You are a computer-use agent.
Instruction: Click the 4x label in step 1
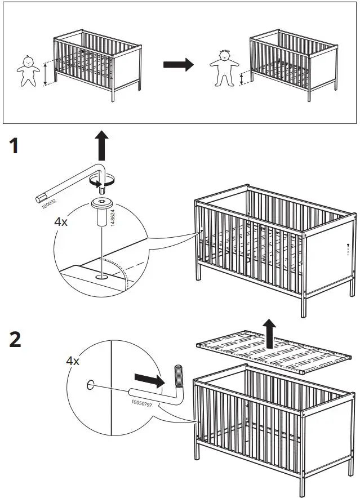pyautogui.click(x=61, y=222)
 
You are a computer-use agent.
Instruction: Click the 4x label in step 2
pyautogui.click(x=72, y=361)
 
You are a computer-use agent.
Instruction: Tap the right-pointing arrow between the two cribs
pyautogui.click(x=178, y=65)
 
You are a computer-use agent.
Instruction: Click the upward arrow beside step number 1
pyautogui.click(x=101, y=145)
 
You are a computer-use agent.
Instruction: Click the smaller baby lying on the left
pyautogui.click(x=26, y=70)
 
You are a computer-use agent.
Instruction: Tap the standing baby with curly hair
pyautogui.click(x=225, y=68)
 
